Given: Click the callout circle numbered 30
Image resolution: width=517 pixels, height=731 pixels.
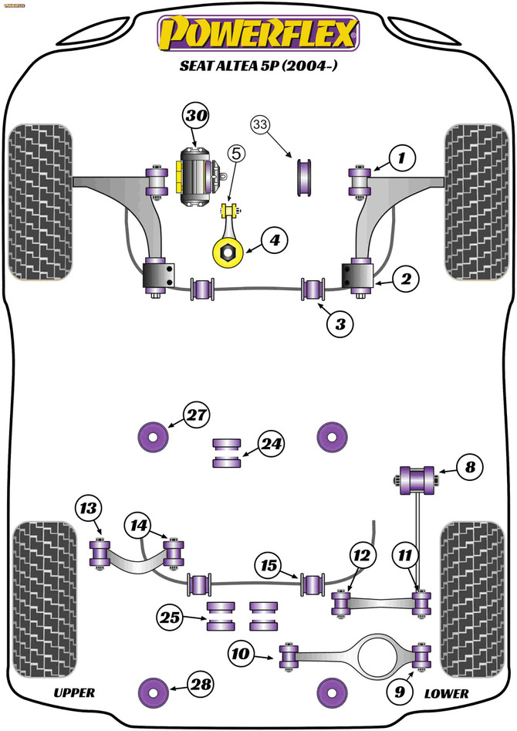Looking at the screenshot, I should (x=196, y=117).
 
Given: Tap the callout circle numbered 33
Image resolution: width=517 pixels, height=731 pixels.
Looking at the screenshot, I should (x=262, y=124).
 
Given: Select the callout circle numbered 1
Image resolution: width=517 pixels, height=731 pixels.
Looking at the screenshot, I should (x=400, y=160).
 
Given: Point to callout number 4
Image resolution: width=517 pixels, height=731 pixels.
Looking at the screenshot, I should (x=274, y=242).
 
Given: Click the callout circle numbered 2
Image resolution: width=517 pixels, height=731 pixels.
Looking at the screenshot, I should (x=404, y=279).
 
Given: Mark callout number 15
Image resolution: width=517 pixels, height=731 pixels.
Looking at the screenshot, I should (x=268, y=567).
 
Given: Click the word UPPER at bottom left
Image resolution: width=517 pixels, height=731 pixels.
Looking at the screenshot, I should (x=74, y=693).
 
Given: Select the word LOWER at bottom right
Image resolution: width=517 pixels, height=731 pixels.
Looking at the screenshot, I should (x=446, y=693).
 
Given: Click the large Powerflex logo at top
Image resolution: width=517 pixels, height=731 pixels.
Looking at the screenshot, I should (x=258, y=35).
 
